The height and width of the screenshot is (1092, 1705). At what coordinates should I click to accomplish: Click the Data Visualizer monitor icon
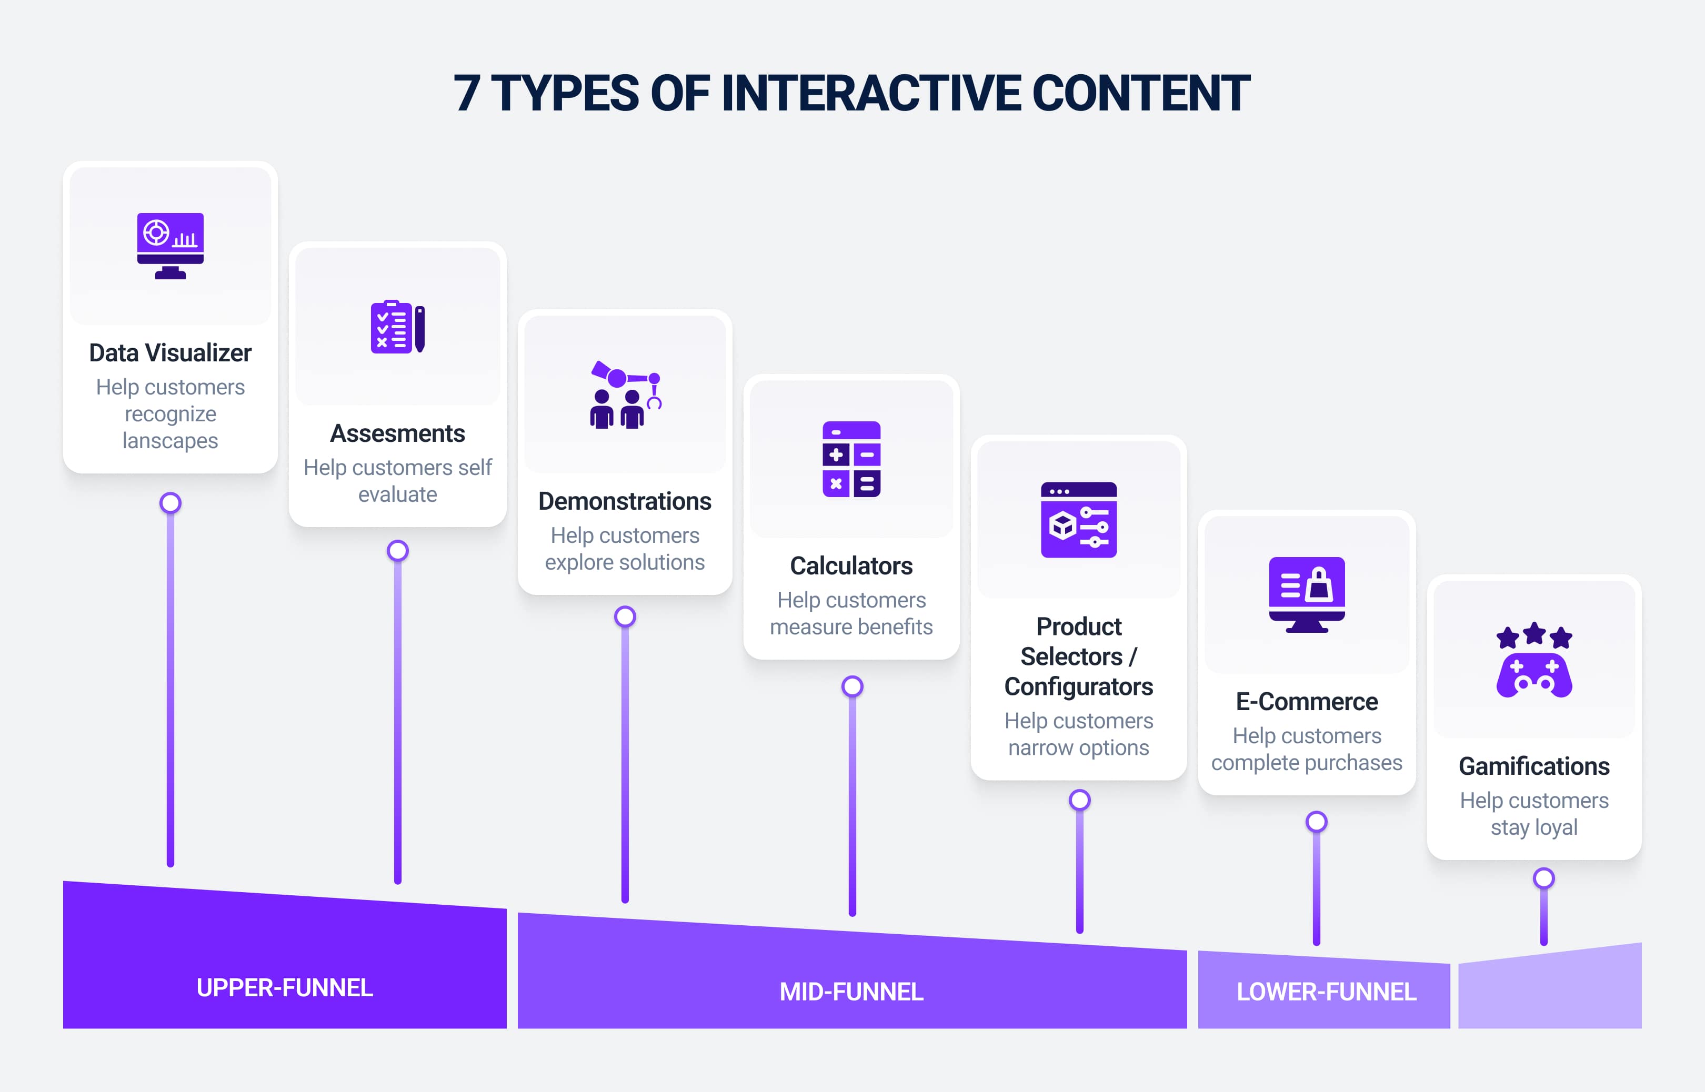pyautogui.click(x=170, y=245)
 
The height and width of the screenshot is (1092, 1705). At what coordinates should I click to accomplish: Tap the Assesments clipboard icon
pyautogui.click(x=397, y=327)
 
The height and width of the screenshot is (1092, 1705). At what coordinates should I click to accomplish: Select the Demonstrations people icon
pyautogui.click(x=625, y=395)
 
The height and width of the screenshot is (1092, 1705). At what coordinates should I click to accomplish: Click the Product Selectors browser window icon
pyautogui.click(x=1079, y=520)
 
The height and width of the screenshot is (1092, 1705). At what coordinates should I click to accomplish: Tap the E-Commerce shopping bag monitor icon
pyautogui.click(x=1307, y=594)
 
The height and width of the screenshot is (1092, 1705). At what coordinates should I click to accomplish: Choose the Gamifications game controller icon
pyautogui.click(x=1534, y=660)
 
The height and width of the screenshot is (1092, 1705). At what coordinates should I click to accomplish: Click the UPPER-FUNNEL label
pyautogui.click(x=284, y=987)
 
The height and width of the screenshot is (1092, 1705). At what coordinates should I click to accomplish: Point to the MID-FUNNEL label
pyautogui.click(x=851, y=992)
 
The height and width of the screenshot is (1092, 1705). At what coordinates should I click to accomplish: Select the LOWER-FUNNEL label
pyautogui.click(x=1326, y=992)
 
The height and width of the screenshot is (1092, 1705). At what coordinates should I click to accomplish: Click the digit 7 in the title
pyautogui.click(x=467, y=94)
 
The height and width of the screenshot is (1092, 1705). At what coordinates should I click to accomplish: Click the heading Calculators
pyautogui.click(x=851, y=566)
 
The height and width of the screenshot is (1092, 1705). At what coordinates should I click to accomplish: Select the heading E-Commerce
pyautogui.click(x=1307, y=701)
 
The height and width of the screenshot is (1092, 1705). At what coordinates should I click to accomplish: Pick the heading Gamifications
pyautogui.click(x=1534, y=766)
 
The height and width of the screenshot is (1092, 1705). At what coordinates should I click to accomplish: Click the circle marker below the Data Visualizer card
pyautogui.click(x=170, y=503)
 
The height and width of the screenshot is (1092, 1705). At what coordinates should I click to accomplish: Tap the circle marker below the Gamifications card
pyautogui.click(x=1543, y=878)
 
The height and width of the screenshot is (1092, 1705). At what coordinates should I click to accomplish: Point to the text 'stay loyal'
pyautogui.click(x=1534, y=827)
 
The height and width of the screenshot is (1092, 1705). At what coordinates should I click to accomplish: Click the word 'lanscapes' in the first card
pyautogui.click(x=170, y=440)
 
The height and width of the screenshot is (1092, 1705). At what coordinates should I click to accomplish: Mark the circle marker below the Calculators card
pyautogui.click(x=852, y=686)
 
